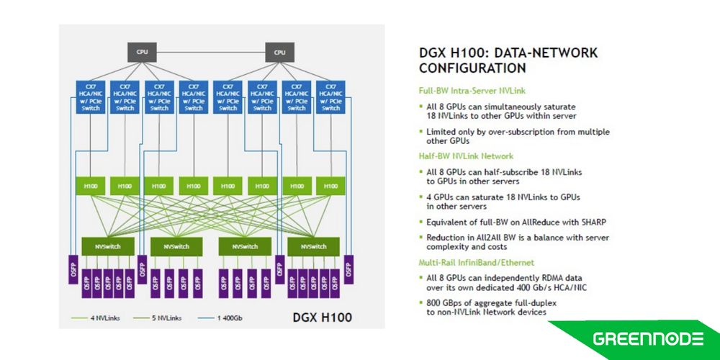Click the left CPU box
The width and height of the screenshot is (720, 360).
point(143,52)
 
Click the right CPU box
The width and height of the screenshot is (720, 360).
point(279,52)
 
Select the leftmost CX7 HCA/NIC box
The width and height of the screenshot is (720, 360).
point(90,97)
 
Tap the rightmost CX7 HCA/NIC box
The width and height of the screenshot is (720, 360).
point(331,97)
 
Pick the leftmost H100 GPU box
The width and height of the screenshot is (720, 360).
point(90,186)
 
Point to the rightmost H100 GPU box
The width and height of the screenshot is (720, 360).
point(331,186)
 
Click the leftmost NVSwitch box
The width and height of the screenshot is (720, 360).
point(107,246)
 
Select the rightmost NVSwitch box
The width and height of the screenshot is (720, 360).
point(313,246)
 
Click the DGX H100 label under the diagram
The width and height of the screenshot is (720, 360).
point(322,317)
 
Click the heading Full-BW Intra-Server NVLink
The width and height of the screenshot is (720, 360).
point(471,91)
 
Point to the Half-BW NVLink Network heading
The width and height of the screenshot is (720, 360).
point(466,156)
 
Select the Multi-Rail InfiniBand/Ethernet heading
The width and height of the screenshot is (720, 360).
point(476,261)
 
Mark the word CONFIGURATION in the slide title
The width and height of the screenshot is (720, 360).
point(472,68)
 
